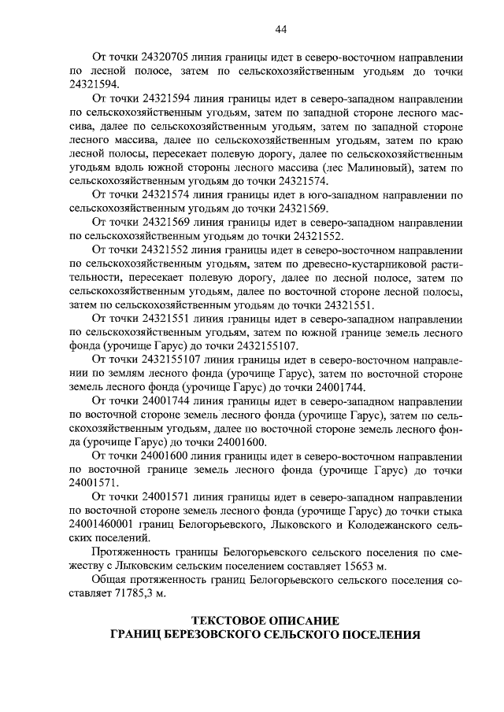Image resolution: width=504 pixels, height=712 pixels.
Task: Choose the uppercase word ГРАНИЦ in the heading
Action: pyautogui.click(x=135, y=634)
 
